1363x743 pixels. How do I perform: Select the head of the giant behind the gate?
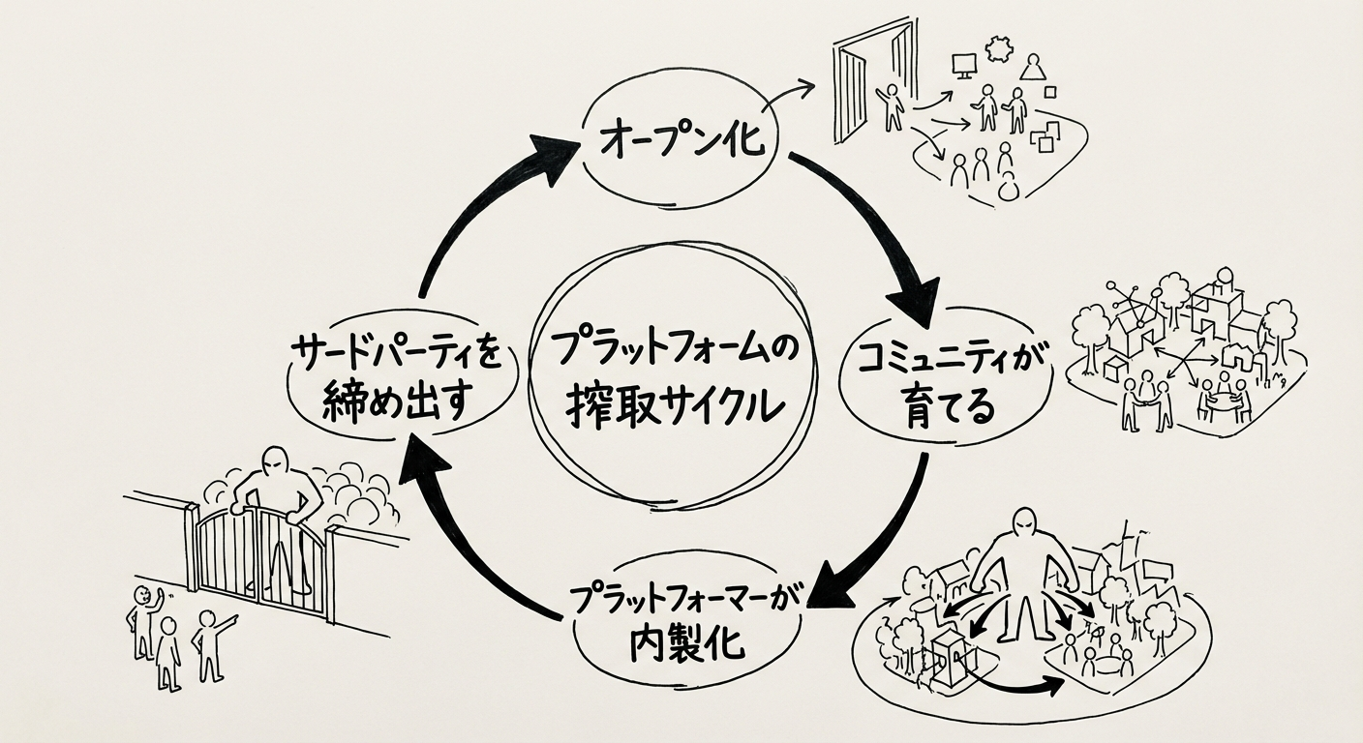pyautogui.click(x=276, y=461)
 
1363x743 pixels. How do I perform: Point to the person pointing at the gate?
pyautogui.click(x=209, y=639)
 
